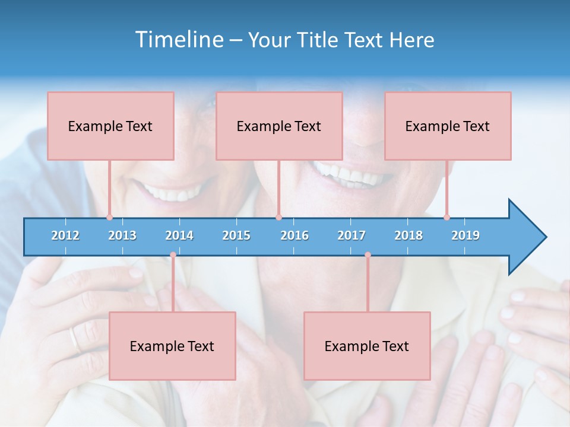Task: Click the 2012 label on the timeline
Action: point(65,236)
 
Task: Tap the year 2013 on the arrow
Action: point(122,236)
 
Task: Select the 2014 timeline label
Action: point(179,236)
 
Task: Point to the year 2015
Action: point(236,236)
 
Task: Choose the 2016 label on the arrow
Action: point(294,236)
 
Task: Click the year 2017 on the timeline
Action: point(351,236)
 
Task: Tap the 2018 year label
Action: point(408,236)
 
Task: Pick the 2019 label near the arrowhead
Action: point(465,236)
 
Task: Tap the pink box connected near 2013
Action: point(110,126)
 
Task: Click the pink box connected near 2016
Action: point(279,126)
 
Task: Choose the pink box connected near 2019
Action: point(448,126)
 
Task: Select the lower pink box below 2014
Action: point(172,346)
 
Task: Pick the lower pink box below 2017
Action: point(367,346)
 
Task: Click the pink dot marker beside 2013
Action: point(109,217)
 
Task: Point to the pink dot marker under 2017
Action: point(368,255)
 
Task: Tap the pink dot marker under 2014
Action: point(173,255)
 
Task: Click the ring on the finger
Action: point(74,339)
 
